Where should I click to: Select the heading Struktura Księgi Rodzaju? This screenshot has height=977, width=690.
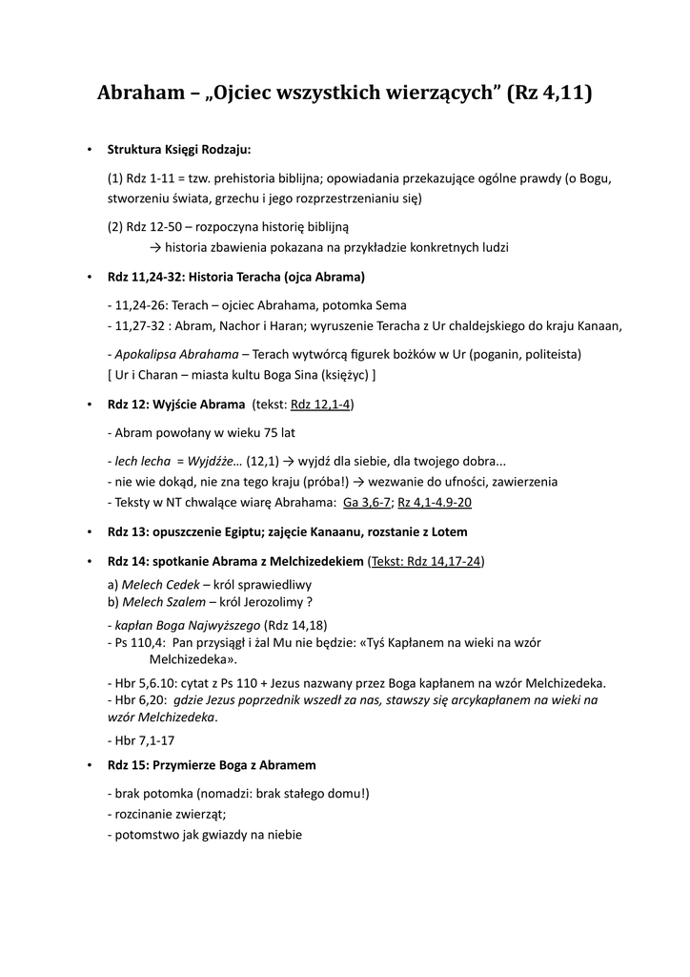(179, 150)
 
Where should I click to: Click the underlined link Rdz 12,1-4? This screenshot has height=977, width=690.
(321, 405)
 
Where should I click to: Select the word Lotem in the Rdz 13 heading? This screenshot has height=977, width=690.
(447, 531)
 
